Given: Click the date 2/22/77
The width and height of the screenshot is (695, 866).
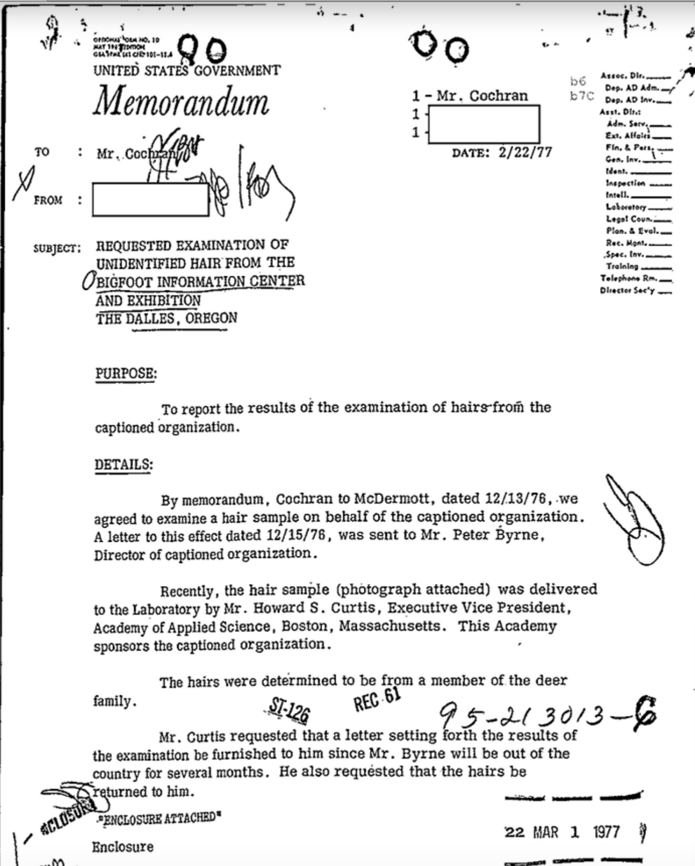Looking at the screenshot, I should [525, 152].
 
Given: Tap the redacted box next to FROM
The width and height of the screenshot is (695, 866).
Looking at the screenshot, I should [150, 200].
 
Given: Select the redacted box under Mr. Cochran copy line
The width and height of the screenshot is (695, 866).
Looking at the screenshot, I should [484, 124].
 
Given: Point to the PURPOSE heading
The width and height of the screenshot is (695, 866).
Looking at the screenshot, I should [126, 374].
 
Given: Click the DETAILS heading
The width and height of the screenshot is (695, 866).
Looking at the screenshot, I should [124, 464].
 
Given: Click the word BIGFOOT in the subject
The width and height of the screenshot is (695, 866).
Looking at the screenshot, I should [124, 281].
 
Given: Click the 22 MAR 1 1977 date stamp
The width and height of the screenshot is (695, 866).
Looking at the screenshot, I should [562, 832].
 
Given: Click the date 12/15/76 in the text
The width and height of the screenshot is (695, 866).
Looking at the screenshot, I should [299, 535].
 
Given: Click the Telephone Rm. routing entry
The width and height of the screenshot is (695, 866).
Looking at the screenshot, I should [629, 278].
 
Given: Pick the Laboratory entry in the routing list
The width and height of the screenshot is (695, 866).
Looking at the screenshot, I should [626, 207].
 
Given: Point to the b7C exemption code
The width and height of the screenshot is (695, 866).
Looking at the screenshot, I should [581, 96].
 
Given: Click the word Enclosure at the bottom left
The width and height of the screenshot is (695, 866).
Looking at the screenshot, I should [123, 847].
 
